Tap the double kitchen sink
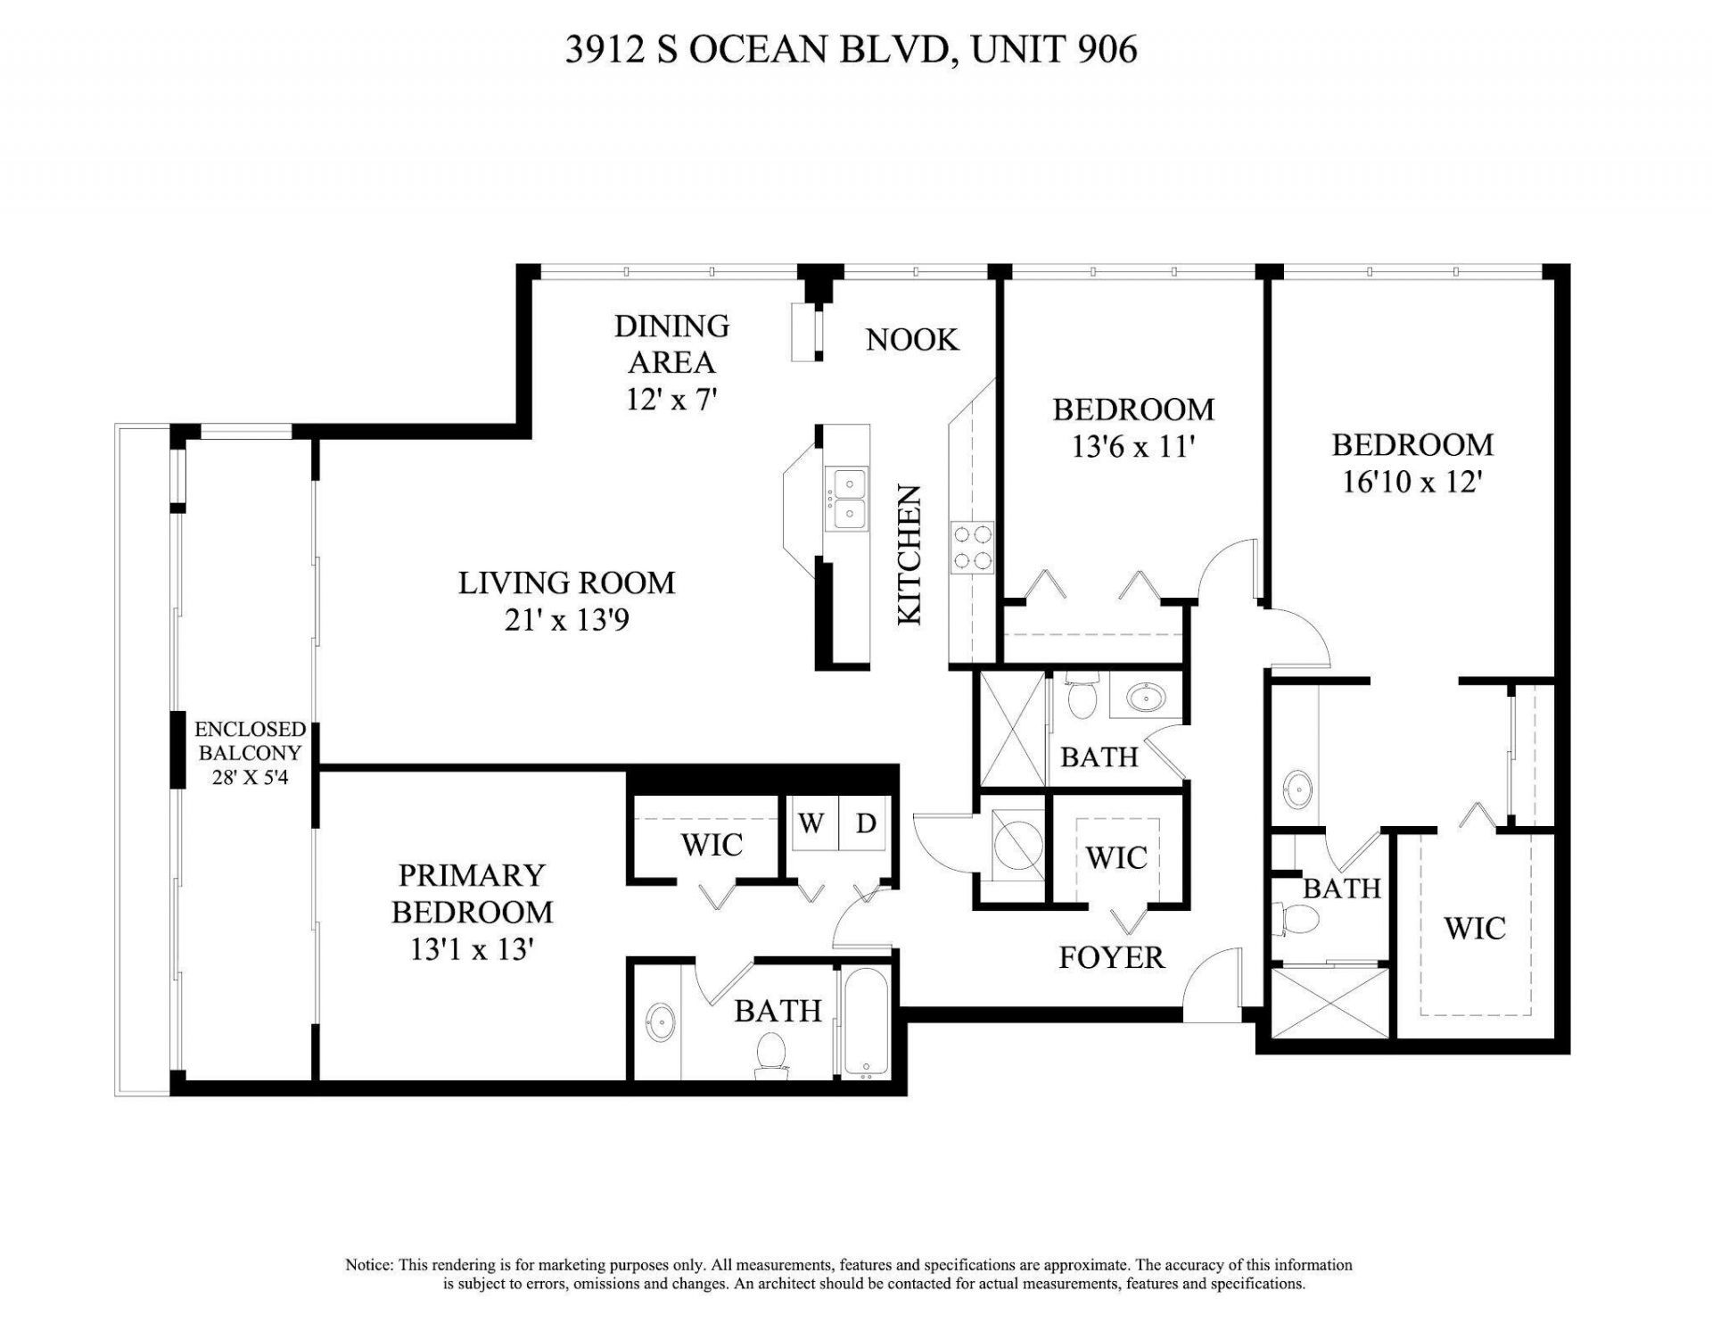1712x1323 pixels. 846,500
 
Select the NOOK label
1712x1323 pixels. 912,339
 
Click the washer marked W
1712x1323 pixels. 811,823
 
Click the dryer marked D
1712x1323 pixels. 866,823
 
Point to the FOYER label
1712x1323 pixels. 1111,957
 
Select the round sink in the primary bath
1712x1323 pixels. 661,1021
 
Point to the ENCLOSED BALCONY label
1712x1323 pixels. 250,740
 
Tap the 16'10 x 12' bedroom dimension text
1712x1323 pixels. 1412,483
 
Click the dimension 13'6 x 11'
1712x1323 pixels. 1132,446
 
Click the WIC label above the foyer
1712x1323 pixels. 1116,857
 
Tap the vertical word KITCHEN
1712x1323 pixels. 909,554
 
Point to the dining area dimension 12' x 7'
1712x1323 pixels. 671,399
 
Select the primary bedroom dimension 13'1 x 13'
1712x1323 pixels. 472,950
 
